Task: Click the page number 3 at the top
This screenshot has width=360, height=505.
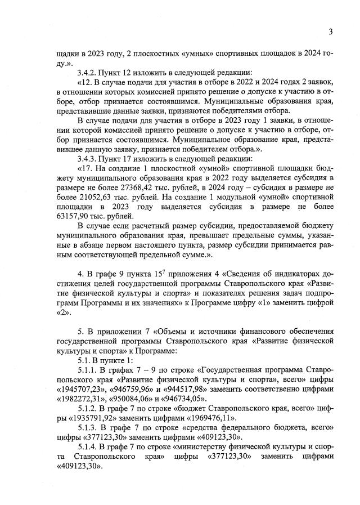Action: (x=331, y=32)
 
